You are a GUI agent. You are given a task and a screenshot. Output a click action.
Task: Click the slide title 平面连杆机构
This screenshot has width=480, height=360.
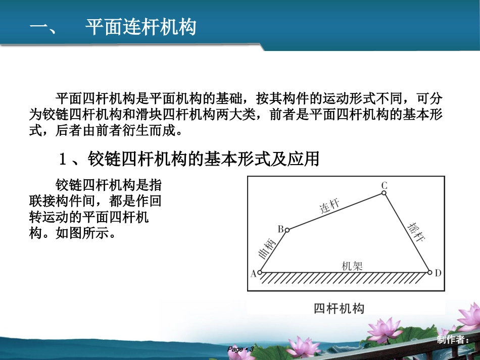140,27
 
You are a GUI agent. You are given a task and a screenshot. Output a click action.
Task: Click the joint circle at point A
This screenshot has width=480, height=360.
260,273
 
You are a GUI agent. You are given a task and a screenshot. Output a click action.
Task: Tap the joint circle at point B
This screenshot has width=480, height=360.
287,230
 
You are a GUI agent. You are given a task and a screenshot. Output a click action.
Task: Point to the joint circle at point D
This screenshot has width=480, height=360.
430,273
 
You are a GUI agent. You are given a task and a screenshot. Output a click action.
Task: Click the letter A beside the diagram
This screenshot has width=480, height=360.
254,273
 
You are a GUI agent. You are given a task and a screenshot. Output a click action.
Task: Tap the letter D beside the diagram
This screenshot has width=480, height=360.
438,273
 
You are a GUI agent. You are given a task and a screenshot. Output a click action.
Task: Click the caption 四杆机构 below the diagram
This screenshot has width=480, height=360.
339,308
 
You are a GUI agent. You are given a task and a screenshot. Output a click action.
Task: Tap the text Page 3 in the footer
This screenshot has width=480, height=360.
240,349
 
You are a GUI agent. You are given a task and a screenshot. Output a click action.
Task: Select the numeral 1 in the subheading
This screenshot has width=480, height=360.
63,160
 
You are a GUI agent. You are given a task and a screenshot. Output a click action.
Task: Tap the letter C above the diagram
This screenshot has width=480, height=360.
384,185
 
